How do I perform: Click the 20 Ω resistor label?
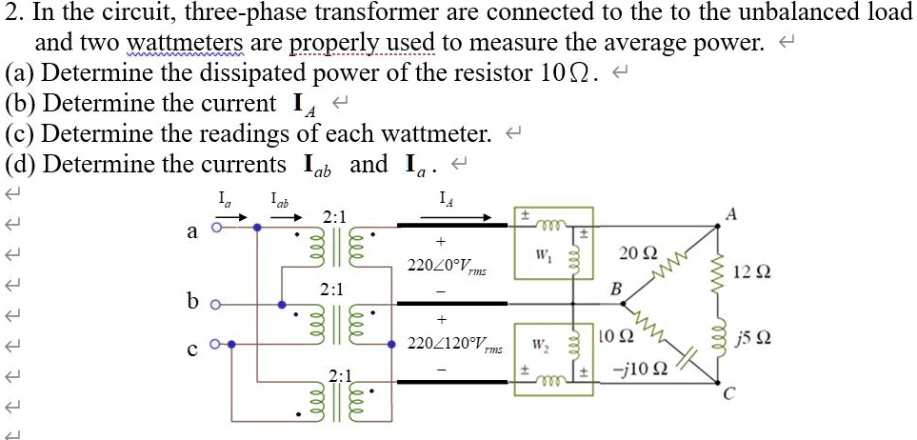(637, 253)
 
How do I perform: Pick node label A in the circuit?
(729, 215)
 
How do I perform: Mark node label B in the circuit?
(615, 290)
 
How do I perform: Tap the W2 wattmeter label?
(541, 345)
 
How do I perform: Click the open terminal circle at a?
(216, 229)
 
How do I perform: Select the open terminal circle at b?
(216, 305)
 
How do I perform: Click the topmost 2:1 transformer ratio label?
(335, 217)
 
